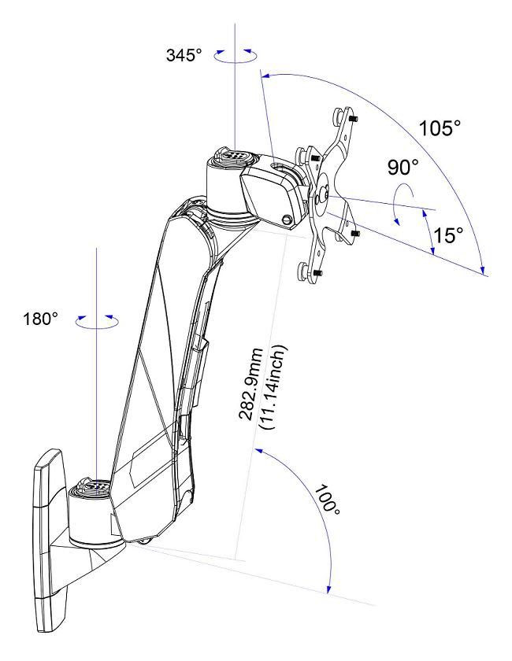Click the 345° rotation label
click(x=184, y=55)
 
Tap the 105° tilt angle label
click(x=440, y=128)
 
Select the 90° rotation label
click(x=403, y=168)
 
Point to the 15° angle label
click(x=448, y=235)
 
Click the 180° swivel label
click(x=40, y=319)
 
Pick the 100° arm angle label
click(x=327, y=500)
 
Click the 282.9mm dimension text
click(x=251, y=384)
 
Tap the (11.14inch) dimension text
click(x=274, y=387)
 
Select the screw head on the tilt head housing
click(x=287, y=220)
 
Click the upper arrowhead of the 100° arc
click(x=258, y=452)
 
